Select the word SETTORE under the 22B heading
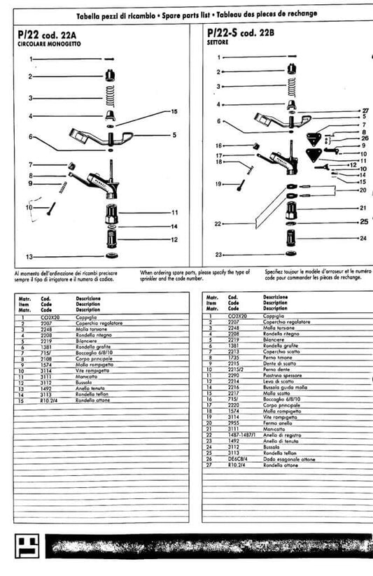click(x=218, y=42)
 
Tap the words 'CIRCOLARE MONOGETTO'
click(x=48, y=43)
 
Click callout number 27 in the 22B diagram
click(x=365, y=111)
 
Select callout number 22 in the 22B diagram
click(x=218, y=223)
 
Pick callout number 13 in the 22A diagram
click(x=29, y=256)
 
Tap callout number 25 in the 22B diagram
click(x=364, y=221)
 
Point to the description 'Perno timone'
click(x=277, y=356)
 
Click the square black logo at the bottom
click(x=26, y=548)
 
